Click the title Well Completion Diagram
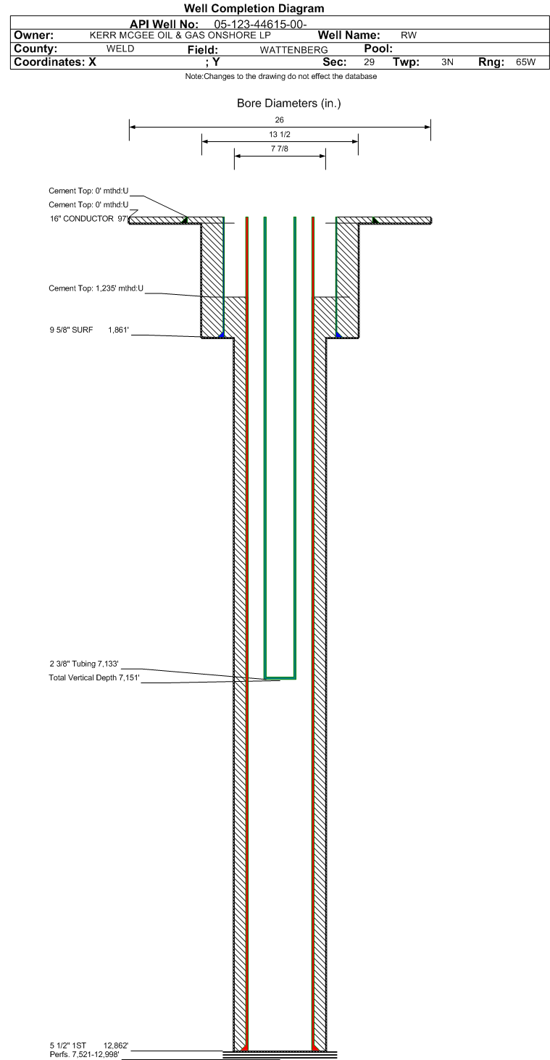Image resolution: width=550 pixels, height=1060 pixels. coord(254,8)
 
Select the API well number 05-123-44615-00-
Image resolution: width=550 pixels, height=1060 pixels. coord(260,24)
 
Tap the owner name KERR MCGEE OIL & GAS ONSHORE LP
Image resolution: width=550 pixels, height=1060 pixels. coord(180,35)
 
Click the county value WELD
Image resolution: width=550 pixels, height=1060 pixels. coord(120,49)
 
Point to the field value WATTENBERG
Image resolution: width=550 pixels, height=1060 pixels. coord(293,50)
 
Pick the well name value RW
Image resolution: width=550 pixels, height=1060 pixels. coord(409,35)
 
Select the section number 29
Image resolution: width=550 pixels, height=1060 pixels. coord(369,62)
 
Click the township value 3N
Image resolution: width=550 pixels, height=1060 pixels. coord(447,62)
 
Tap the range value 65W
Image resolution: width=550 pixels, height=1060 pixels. coord(526,62)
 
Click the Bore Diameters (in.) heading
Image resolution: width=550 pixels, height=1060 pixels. coord(288,103)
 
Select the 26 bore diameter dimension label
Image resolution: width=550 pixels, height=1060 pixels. coord(279,120)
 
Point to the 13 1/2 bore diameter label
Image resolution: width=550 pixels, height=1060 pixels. coord(279,134)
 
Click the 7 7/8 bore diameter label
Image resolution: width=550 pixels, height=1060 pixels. coord(279,149)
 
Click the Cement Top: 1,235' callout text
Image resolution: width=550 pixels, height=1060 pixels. coord(96,288)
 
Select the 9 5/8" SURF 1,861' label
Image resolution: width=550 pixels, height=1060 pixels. coord(89,330)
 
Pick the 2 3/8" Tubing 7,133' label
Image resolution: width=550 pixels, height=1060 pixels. coord(84,664)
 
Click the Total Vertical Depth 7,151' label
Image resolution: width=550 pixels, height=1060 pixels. coord(94,677)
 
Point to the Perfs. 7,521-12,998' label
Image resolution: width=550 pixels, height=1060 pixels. coord(84,1054)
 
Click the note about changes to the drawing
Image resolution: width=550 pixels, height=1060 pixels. coord(281,76)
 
